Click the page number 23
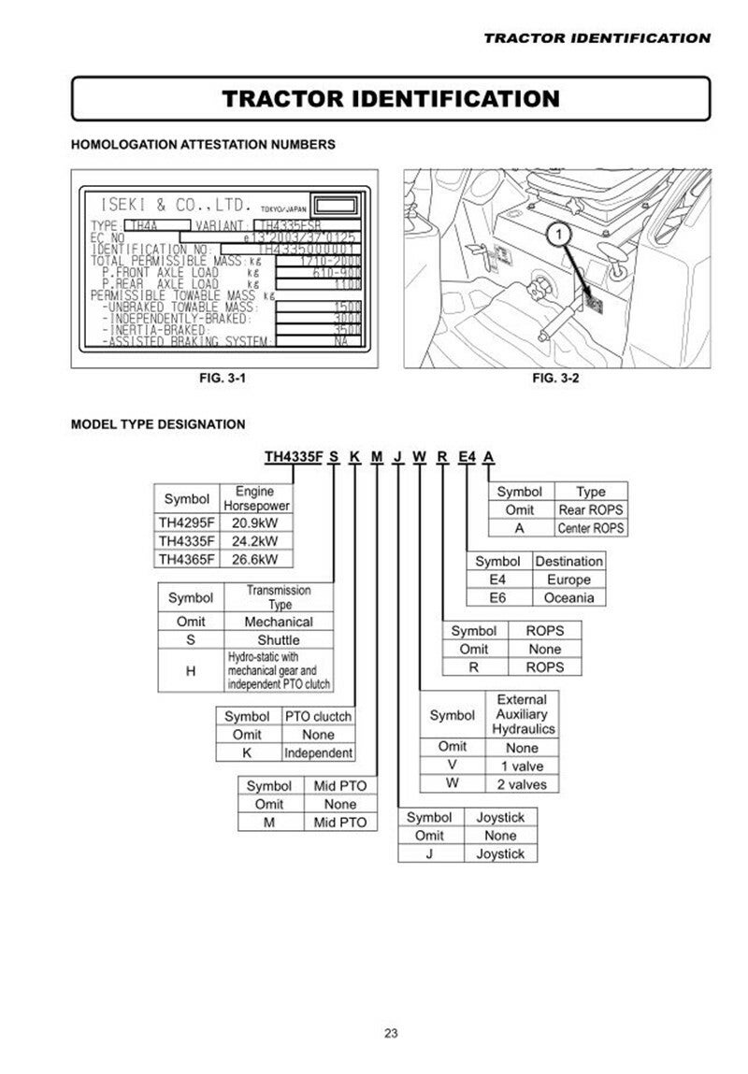[x=391, y=1033]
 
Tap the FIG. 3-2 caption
[x=555, y=379]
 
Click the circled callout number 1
[x=558, y=231]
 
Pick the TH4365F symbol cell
[x=187, y=559]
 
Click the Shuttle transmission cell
[x=279, y=639]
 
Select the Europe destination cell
[x=569, y=580]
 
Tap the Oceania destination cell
[x=569, y=598]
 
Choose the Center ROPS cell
[x=591, y=528]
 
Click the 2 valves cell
[x=522, y=783]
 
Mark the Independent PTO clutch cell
[x=319, y=752]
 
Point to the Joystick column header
[x=500, y=817]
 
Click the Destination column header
[x=568, y=562]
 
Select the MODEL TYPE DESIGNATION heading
[x=158, y=424]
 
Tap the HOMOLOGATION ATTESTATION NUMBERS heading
[x=203, y=145]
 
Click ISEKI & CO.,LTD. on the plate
[x=176, y=205]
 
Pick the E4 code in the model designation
[x=467, y=457]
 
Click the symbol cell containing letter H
[x=191, y=670]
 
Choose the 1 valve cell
[x=522, y=766]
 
